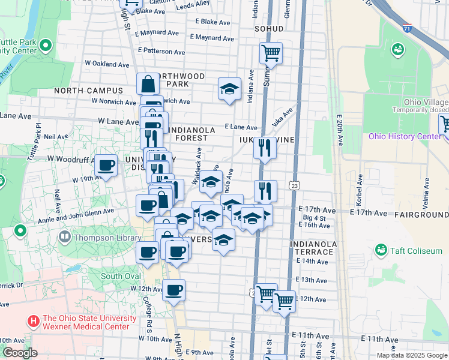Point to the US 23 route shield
(294, 186)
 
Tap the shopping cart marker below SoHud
(271, 53)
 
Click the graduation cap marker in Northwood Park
(229, 89)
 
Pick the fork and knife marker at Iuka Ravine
(265, 148)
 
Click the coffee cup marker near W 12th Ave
(174, 291)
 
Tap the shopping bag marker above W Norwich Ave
(148, 84)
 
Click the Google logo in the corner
(19, 353)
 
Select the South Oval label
(121, 277)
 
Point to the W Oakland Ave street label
(107, 64)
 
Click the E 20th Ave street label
(340, 130)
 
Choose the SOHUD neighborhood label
(268, 28)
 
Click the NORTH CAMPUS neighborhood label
(88, 91)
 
